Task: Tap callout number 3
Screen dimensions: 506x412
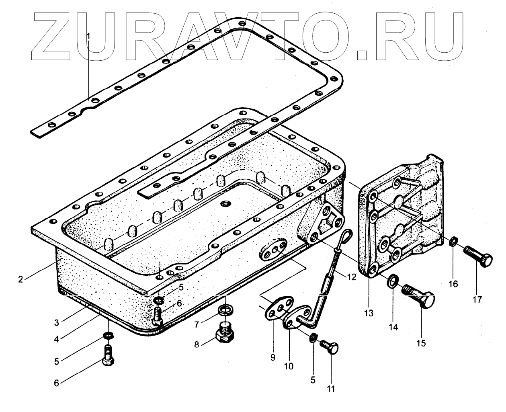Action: tap(57, 322)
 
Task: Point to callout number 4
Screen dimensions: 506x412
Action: tap(57, 339)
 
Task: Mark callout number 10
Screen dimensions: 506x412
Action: tap(289, 366)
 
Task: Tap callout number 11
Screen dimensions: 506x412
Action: tap(331, 389)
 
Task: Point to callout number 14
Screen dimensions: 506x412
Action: tap(393, 327)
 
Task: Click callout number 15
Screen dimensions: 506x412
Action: tap(421, 343)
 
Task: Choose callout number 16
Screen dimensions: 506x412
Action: tap(453, 284)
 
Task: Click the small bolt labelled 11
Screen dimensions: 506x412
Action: tap(330, 345)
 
